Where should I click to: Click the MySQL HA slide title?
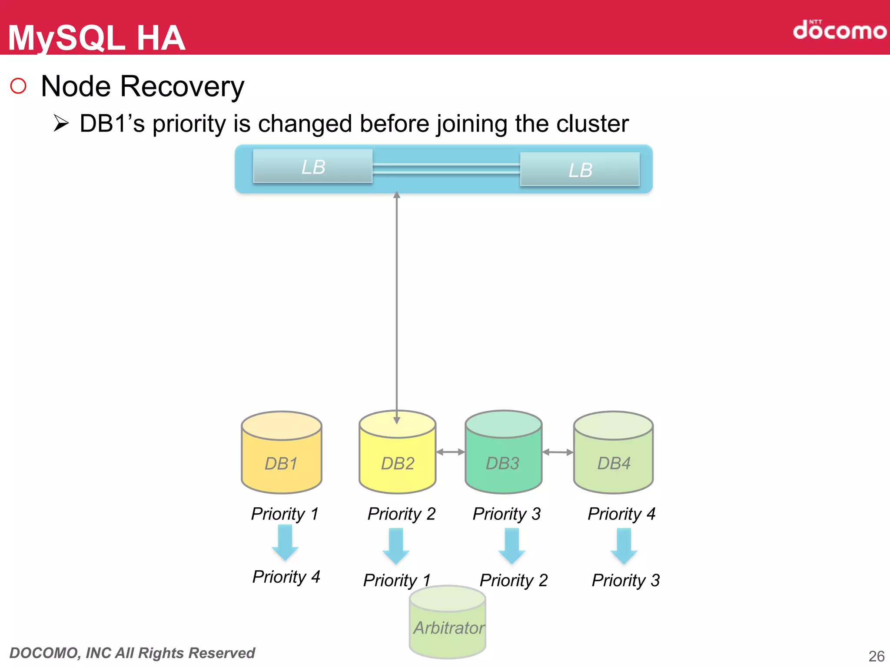coord(96,38)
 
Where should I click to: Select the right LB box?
coord(580,170)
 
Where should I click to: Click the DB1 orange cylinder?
coord(282,456)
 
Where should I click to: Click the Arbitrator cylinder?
coord(448,625)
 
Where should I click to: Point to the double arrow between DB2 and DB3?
coord(450,452)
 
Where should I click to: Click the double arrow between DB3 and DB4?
coord(558,452)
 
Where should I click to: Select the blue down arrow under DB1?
coord(285,542)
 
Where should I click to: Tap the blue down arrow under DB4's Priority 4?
coord(624,546)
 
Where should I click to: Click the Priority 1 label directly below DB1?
coord(285,514)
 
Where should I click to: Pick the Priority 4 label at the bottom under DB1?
coord(286,577)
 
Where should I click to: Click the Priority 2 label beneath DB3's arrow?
coord(513,580)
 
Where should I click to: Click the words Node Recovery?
coord(143,86)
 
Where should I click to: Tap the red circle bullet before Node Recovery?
coord(18,86)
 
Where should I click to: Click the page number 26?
coord(876,656)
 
